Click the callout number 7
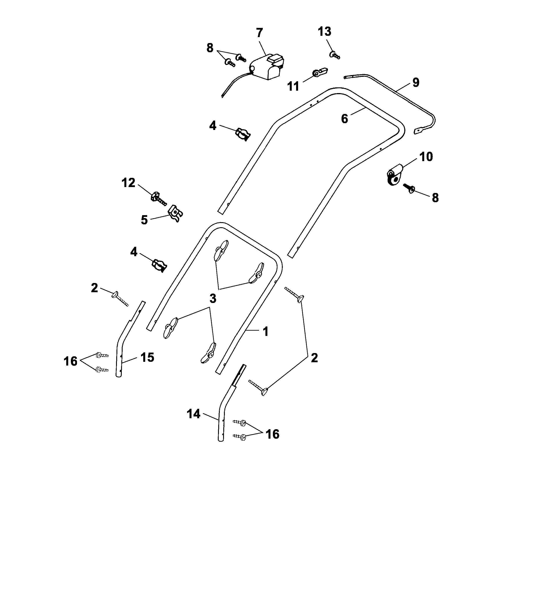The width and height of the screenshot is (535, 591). tap(259, 33)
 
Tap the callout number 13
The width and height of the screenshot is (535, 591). tap(324, 31)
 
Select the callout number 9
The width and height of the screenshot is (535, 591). tap(416, 82)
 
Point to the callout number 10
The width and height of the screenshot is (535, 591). tap(426, 157)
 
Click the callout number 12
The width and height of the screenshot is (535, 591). tap(128, 183)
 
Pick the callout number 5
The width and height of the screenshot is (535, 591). tap(144, 220)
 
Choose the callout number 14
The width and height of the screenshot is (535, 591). tap(193, 414)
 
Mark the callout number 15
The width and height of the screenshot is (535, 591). tap(147, 357)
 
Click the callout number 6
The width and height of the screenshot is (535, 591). tap(345, 119)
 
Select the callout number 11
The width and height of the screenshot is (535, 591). tap(293, 86)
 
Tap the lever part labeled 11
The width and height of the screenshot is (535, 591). tap(320, 72)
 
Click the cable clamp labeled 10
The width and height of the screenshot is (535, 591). tap(394, 175)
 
